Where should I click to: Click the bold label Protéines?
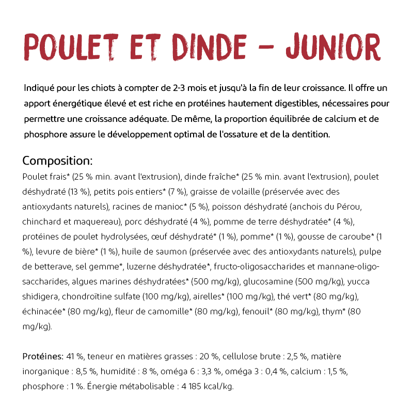click(43, 357)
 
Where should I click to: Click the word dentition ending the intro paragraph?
click(310, 134)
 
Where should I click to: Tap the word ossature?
click(250, 134)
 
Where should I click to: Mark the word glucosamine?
click(272, 282)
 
